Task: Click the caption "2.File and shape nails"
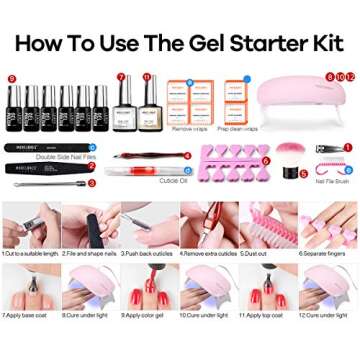[88, 254]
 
